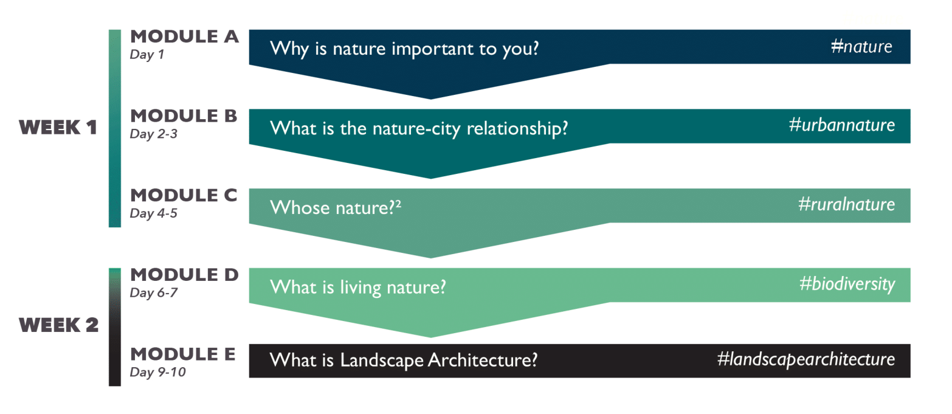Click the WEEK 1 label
[58, 128]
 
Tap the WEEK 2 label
[58, 325]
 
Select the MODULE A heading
[184, 36]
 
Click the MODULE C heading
[184, 196]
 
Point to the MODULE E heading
[183, 354]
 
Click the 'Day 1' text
[147, 55]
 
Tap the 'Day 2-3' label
[153, 134]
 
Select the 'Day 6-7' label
[153, 293]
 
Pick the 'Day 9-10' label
[157, 372]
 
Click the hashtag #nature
[861, 46]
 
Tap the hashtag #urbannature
[842, 125]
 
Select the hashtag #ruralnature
[847, 204]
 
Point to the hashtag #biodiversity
[847, 285]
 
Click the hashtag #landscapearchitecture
[806, 360]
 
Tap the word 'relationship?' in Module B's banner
[517, 128]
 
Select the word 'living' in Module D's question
[360, 288]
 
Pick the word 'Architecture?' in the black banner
[483, 361]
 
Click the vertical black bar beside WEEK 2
[115, 327]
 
